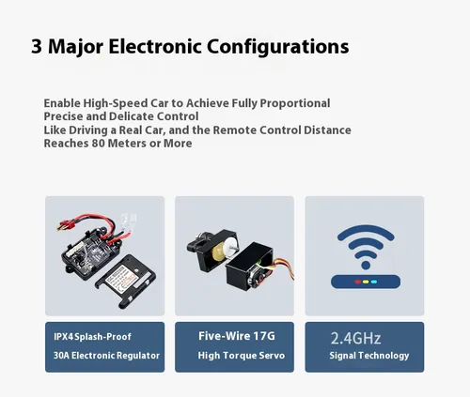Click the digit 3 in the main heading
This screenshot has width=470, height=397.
point(37,46)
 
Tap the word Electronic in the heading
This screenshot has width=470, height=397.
point(155,46)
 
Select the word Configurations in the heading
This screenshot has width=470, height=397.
point(278,47)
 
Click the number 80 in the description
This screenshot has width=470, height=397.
point(98,144)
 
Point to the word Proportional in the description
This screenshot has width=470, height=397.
point(295,103)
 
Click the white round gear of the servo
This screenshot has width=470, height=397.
point(232,245)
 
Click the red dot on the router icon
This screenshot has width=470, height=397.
point(357,282)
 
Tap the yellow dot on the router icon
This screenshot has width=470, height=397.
point(366,282)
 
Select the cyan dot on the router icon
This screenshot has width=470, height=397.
point(374,282)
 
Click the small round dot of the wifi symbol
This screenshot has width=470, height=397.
point(366,266)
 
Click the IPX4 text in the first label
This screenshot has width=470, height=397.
point(64,337)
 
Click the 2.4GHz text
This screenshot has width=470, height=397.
point(355,338)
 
